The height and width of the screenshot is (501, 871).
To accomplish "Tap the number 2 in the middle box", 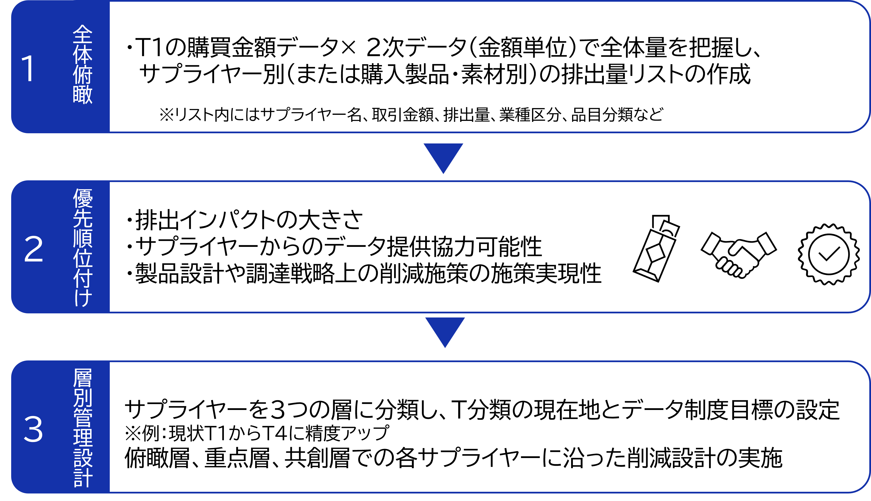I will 33,249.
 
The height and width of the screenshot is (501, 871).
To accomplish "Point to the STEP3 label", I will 732,179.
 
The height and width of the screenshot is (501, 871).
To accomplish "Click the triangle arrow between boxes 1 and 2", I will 443,155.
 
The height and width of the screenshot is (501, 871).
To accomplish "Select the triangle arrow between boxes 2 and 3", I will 445,330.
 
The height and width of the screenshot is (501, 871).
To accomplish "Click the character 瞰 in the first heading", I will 83,94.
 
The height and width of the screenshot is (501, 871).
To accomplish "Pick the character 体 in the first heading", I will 83,54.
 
